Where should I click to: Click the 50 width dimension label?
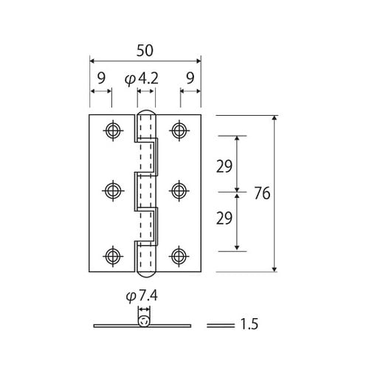(x=145, y=50)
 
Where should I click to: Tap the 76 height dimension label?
(x=262, y=193)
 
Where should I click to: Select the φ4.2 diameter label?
(x=142, y=79)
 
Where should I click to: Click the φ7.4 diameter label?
(x=142, y=295)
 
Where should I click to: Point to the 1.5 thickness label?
(x=249, y=324)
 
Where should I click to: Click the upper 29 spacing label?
(x=224, y=166)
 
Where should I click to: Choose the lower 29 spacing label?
(x=224, y=218)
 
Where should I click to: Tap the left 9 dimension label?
(x=101, y=78)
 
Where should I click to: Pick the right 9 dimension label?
(x=190, y=78)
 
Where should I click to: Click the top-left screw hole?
(x=113, y=131)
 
